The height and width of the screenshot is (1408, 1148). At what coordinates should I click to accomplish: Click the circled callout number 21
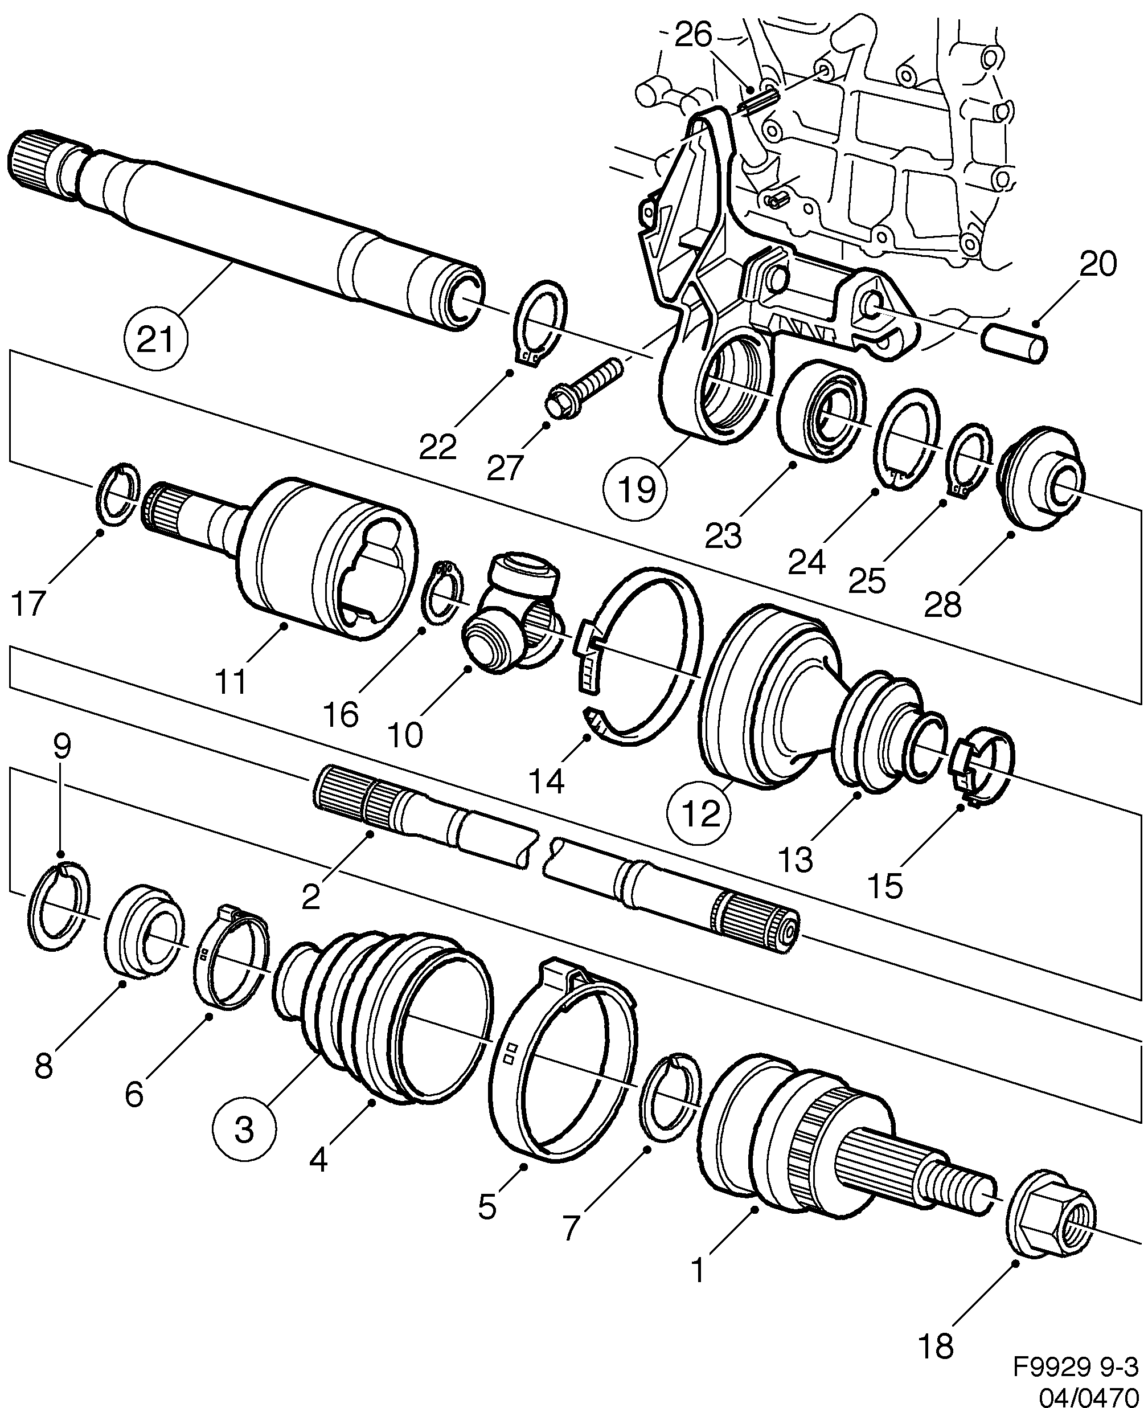coord(155,341)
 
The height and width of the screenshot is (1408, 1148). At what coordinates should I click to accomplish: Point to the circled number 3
coord(244,1129)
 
